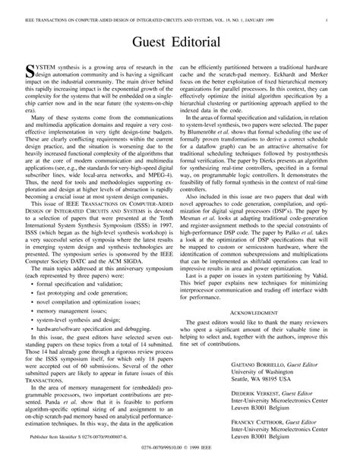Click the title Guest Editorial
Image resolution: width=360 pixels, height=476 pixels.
(179, 41)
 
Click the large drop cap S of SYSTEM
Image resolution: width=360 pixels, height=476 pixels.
(30, 71)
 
